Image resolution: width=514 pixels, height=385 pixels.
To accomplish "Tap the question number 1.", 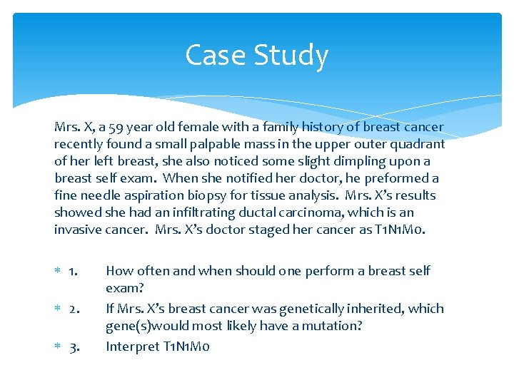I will (74, 272).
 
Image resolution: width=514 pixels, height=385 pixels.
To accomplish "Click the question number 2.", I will (74, 309).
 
